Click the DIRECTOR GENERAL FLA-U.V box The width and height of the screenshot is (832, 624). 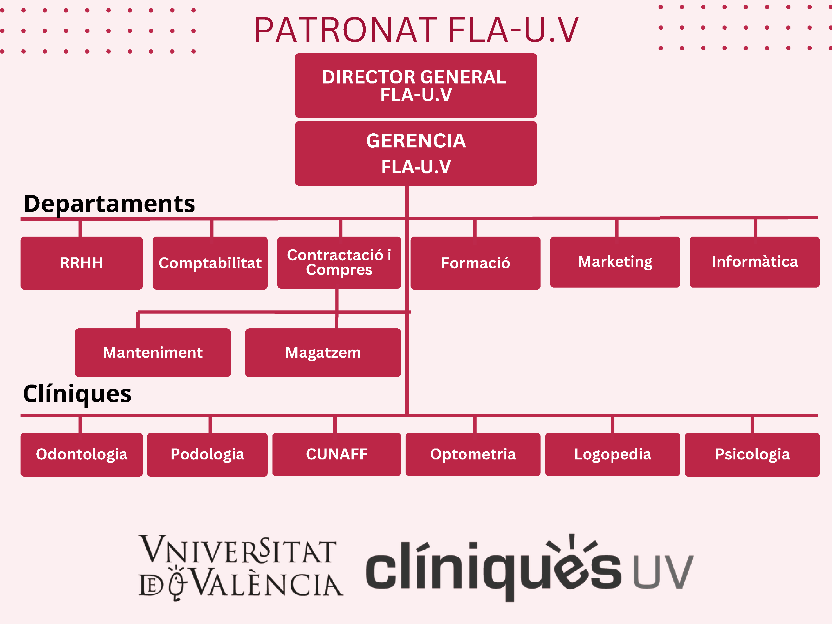point(416,85)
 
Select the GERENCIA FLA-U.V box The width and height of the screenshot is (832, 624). point(416,153)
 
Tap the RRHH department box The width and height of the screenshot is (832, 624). point(82,263)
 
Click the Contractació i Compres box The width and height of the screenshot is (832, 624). point(339,263)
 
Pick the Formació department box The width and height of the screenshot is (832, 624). point(476,263)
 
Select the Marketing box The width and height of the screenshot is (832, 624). point(615,262)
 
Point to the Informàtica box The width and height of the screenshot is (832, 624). point(755,262)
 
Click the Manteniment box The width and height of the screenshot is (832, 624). point(153,353)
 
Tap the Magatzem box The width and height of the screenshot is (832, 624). point(323,353)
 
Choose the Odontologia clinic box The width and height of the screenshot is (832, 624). point(82,454)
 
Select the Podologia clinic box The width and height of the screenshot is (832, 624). point(207,454)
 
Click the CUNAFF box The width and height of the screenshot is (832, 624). point(337,454)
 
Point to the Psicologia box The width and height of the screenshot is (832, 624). point(752,454)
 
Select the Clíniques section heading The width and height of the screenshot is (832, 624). point(77,394)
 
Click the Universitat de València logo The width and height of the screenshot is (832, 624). point(241,567)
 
